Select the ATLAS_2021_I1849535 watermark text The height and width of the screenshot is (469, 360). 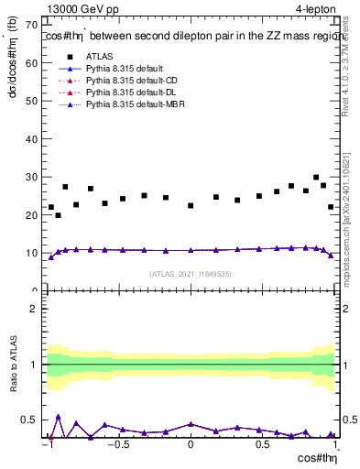tap(191, 273)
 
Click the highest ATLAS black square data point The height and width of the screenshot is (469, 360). tap(316, 178)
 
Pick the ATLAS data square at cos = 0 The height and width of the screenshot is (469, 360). tap(191, 206)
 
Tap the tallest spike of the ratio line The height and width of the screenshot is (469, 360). tap(59, 417)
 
